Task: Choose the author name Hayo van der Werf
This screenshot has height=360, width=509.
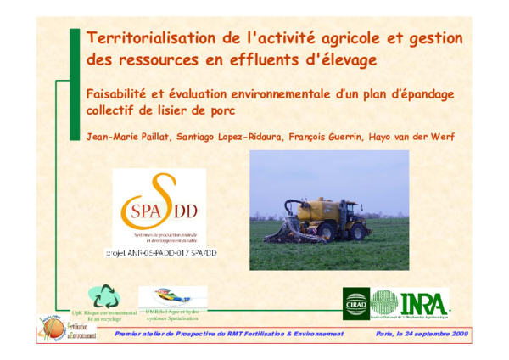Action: (x=438, y=137)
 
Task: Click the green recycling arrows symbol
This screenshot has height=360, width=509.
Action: (x=108, y=296)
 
